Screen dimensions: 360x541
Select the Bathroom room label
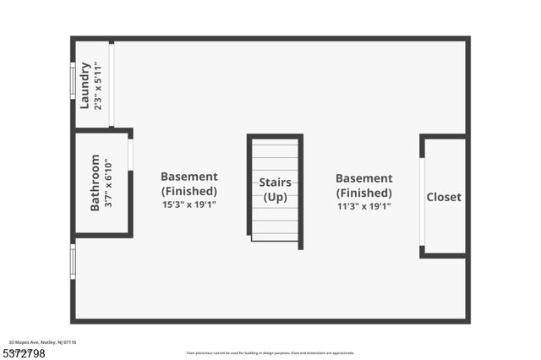pyautogui.click(x=95, y=182)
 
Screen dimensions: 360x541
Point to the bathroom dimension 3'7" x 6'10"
pyautogui.click(x=107, y=183)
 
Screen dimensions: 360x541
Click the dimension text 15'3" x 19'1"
pyautogui.click(x=189, y=205)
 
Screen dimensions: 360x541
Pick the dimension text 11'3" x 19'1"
pyautogui.click(x=363, y=205)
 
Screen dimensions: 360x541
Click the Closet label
pyautogui.click(x=444, y=197)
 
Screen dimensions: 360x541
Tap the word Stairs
pyautogui.click(x=275, y=183)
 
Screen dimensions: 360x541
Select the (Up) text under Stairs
pyautogui.click(x=275, y=197)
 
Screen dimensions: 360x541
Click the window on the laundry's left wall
pyautogui.click(x=73, y=81)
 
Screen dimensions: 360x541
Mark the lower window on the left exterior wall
pyautogui.click(x=73, y=261)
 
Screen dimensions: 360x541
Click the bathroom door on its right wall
pyautogui.click(x=130, y=154)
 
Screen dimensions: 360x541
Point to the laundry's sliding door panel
pyautogui.click(x=112, y=85)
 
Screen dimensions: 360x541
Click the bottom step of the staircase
pyautogui.click(x=275, y=237)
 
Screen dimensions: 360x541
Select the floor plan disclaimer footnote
pyautogui.click(x=270, y=353)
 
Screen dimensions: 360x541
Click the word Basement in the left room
pyautogui.click(x=189, y=177)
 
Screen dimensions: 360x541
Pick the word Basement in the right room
pyautogui.click(x=363, y=178)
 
